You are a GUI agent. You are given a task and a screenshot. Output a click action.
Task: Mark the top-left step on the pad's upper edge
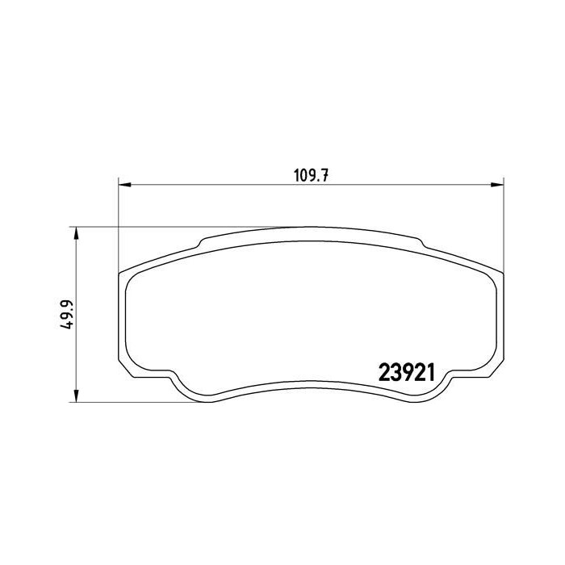click(202, 242)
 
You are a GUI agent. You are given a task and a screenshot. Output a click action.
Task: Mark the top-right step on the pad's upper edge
click(420, 242)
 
